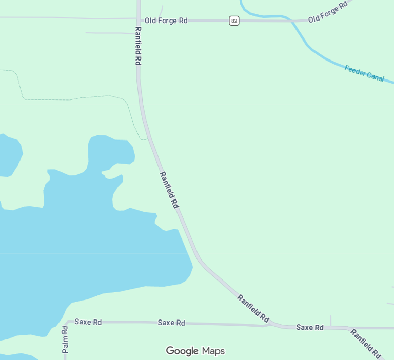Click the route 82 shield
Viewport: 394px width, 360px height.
tap(234, 21)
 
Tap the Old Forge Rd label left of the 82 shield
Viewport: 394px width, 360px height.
tap(166, 21)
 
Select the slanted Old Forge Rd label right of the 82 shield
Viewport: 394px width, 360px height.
tap(328, 11)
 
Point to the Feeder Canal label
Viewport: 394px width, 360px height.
tap(364, 73)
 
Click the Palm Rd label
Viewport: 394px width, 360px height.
tap(65, 339)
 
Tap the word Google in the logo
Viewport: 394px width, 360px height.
tap(182, 351)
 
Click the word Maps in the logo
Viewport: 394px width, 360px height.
tap(213, 351)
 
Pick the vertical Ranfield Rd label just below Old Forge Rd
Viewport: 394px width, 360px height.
tap(138, 46)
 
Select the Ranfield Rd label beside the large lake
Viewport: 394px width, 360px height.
tap(169, 190)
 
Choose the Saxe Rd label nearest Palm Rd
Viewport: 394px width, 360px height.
tap(88, 322)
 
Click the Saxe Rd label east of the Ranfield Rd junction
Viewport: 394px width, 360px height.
tap(310, 327)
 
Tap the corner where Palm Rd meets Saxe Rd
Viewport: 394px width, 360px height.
tap(67, 322)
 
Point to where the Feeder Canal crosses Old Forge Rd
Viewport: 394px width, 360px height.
tap(293, 21)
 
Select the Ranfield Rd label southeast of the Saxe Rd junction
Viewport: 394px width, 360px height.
tap(366, 343)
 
